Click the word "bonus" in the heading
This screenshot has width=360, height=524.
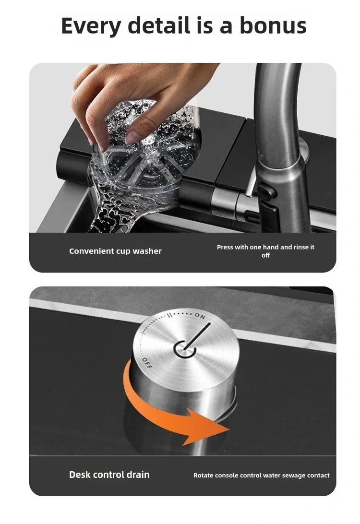(273, 25)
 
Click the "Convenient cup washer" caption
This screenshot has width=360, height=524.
(115, 251)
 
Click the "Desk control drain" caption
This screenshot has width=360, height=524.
(109, 475)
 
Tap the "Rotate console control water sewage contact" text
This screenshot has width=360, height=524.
(262, 475)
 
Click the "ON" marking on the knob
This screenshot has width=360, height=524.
(200, 316)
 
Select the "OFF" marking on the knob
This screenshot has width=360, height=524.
(147, 363)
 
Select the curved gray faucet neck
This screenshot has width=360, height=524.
(278, 110)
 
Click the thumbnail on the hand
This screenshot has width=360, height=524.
(135, 137)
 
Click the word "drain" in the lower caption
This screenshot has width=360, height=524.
(138, 475)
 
